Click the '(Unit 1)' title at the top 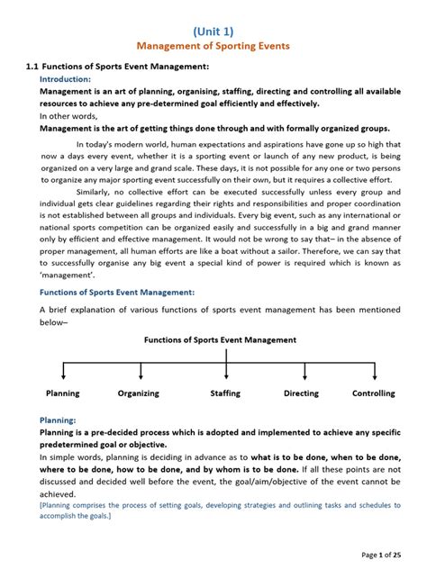(x=213, y=32)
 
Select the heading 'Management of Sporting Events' (x=213, y=47)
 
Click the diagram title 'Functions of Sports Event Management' (x=220, y=340)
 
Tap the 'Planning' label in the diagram (x=62, y=393)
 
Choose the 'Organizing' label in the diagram (x=138, y=393)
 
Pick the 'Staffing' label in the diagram (x=225, y=393)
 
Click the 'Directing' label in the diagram (x=301, y=393)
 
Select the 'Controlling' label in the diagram (x=373, y=393)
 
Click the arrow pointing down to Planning (x=62, y=371)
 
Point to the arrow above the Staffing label (x=226, y=371)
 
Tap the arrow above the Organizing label (x=140, y=371)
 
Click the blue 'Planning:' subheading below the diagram (x=58, y=420)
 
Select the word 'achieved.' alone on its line (x=59, y=493)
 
